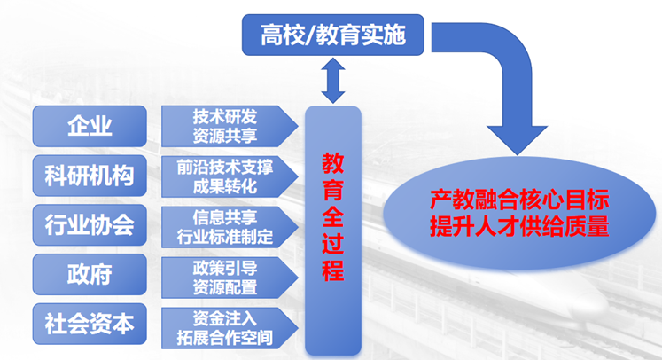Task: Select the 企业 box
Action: (90, 126)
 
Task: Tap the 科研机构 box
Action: (90, 176)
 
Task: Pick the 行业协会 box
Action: (90, 224)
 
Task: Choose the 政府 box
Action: (90, 274)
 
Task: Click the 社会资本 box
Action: (90, 324)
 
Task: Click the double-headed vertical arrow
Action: (332, 80)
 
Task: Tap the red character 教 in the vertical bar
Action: (332, 163)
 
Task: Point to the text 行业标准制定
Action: (226, 237)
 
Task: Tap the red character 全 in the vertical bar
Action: (332, 217)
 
